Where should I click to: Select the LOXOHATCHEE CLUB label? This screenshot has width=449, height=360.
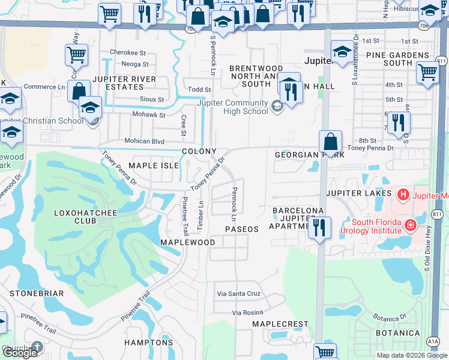[x=83, y=216]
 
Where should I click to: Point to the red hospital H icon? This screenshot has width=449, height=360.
[x=403, y=194]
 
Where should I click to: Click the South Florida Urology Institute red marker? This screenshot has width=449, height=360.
[x=411, y=225]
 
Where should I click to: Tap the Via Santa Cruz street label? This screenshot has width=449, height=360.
[x=239, y=294]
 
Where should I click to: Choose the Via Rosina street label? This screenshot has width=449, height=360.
[x=249, y=313]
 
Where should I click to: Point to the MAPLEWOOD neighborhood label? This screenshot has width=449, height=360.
[x=187, y=242]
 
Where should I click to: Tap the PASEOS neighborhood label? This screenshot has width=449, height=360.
[x=241, y=230]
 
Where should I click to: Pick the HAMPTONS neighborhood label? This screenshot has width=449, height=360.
[x=148, y=343]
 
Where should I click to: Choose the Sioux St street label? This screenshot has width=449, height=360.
[x=152, y=99]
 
